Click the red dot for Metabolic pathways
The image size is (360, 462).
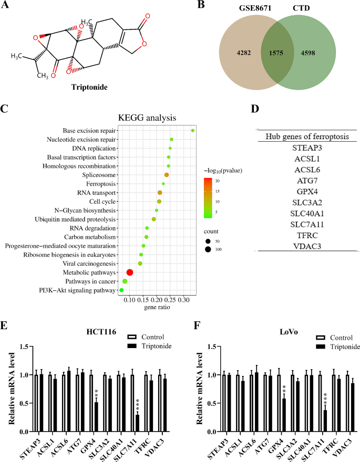point(130,272)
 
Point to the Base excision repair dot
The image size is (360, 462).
point(193,130)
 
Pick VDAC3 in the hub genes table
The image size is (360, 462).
point(305,245)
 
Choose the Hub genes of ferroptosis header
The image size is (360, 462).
point(305,136)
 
